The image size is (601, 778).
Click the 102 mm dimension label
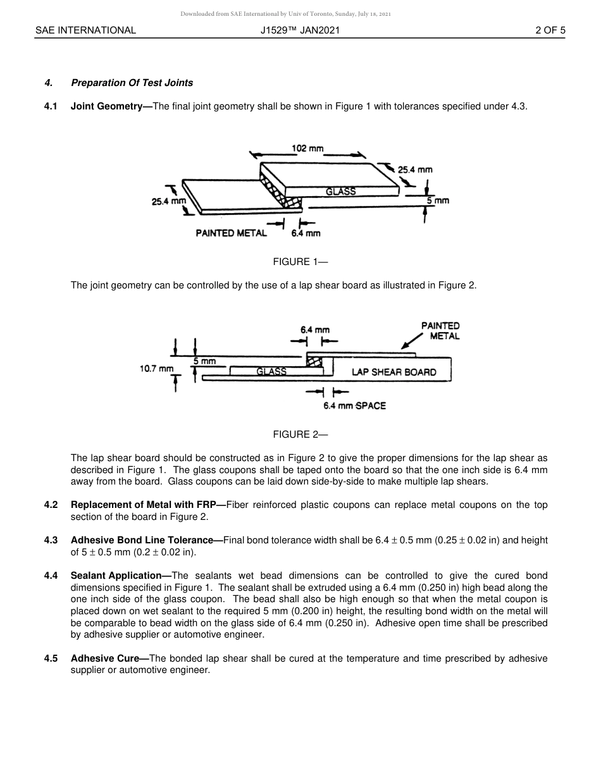[307, 148]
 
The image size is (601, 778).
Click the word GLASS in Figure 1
[340, 191]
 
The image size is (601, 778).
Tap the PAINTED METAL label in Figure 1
[231, 233]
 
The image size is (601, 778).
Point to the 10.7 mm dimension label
[156, 368]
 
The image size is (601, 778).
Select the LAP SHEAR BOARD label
[393, 372]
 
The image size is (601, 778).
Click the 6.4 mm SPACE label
[354, 405]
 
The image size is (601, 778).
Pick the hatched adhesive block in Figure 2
[314, 362]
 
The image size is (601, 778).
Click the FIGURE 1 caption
[300, 262]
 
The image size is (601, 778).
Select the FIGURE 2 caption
[300, 435]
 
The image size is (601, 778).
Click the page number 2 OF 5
[550, 30]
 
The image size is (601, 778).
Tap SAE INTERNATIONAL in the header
[85, 30]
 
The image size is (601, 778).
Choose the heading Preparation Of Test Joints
[132, 83]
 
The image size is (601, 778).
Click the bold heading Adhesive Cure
[109, 658]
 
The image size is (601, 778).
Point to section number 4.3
[51, 540]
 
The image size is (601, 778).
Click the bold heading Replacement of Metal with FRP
[147, 505]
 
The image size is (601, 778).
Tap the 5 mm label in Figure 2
[204, 362]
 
